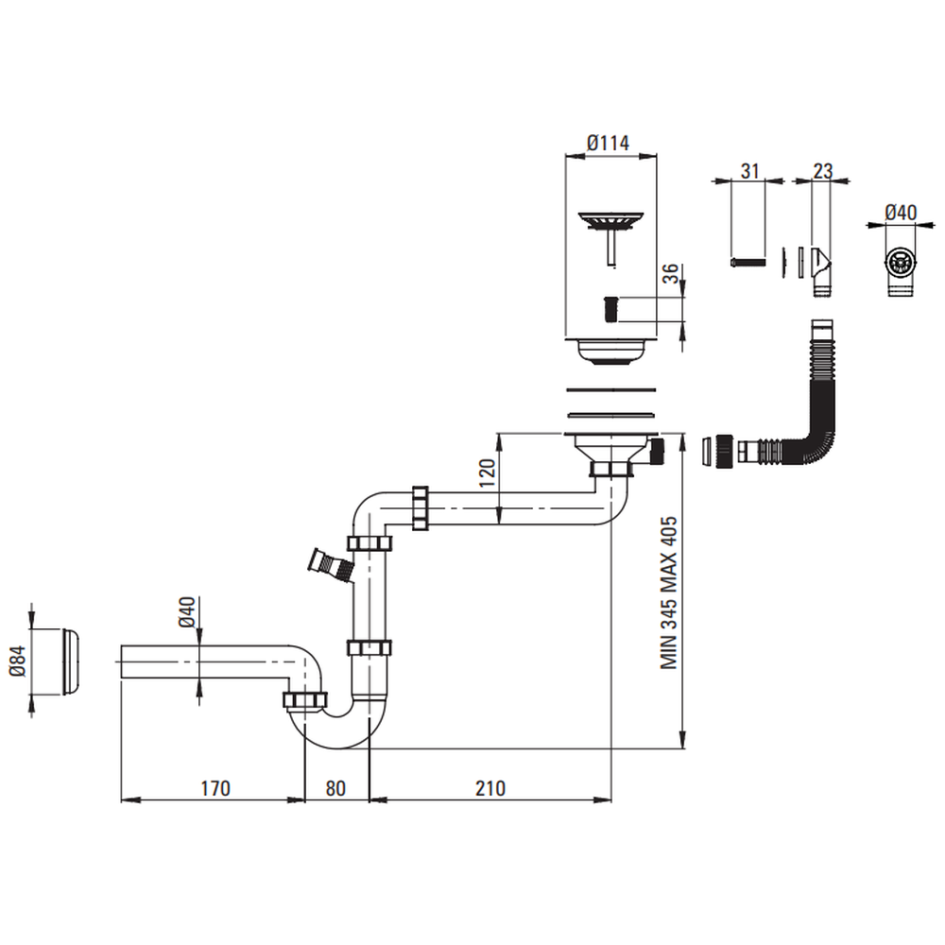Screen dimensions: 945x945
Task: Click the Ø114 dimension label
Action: (x=608, y=143)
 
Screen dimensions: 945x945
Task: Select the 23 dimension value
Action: (x=822, y=170)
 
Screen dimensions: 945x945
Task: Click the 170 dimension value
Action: (x=215, y=787)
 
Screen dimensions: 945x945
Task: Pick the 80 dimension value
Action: (x=336, y=787)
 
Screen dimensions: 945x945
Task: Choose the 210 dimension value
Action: (x=490, y=787)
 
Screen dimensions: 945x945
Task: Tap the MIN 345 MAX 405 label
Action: (x=670, y=593)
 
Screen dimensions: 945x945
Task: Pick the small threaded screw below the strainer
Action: (x=610, y=308)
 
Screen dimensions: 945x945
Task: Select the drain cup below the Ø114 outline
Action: (x=609, y=352)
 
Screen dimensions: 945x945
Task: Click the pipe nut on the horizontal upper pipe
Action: (x=421, y=508)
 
